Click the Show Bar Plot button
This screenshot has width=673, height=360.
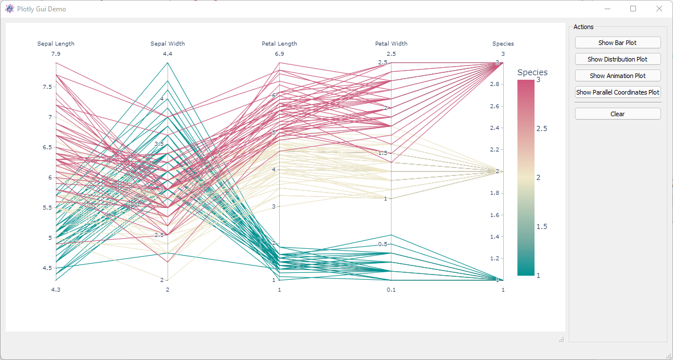(x=618, y=43)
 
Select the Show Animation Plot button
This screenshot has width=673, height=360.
(x=618, y=76)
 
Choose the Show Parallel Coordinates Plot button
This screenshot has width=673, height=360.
(x=618, y=92)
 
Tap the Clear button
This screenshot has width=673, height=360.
(x=618, y=114)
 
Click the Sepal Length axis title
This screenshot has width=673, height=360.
(x=56, y=44)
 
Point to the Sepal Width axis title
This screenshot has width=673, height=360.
(x=168, y=44)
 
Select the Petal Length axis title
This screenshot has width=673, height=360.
(x=279, y=44)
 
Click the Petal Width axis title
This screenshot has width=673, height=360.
(x=391, y=44)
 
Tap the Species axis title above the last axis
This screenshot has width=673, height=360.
(x=503, y=44)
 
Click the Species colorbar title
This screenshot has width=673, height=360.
(x=532, y=72)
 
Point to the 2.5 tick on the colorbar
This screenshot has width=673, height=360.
(x=542, y=129)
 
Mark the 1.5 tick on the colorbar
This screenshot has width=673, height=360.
(x=542, y=227)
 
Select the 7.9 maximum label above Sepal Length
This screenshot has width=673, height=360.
(x=56, y=54)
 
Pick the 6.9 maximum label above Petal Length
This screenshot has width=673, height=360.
(x=279, y=54)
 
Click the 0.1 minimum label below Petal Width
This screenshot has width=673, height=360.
(x=391, y=290)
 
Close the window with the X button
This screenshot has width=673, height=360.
(x=659, y=9)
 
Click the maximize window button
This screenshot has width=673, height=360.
(x=633, y=9)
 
